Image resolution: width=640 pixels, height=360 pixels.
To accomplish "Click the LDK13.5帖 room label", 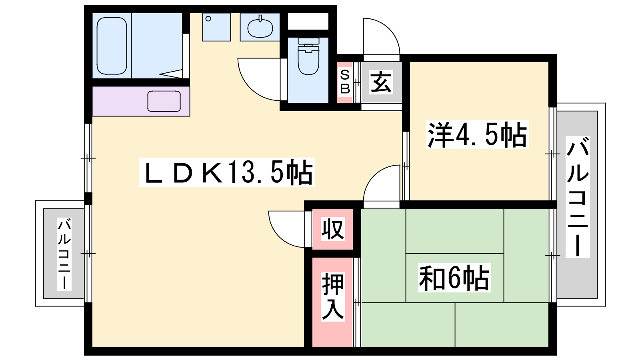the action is coord(227,172).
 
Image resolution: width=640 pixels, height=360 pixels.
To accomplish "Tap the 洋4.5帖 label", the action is coord(478,134).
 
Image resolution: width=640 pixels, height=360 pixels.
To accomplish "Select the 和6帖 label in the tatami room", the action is coord(454,278).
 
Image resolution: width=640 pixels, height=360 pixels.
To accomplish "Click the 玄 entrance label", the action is coord(381,82).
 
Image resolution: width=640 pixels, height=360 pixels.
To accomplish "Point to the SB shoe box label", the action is coord(345,82).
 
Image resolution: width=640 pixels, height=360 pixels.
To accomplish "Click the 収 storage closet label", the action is coord(332,229).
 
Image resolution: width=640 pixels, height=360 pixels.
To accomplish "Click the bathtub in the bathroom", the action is coord(112,46).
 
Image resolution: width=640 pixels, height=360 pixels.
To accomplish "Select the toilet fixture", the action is coord(308,56).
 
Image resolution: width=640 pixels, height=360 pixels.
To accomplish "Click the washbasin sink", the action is coord(260,28).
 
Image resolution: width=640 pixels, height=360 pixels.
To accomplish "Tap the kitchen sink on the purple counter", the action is coord(164,101).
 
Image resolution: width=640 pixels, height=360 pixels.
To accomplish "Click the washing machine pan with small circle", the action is coord(216,27).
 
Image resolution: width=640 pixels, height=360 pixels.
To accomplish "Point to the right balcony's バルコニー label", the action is coord(578,197).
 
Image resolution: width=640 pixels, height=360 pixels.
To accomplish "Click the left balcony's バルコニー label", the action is coord(64,254).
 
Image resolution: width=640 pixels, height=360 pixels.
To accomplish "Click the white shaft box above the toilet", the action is coord(308,21).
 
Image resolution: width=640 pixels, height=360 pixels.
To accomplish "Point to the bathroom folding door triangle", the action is coord(172,74).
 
